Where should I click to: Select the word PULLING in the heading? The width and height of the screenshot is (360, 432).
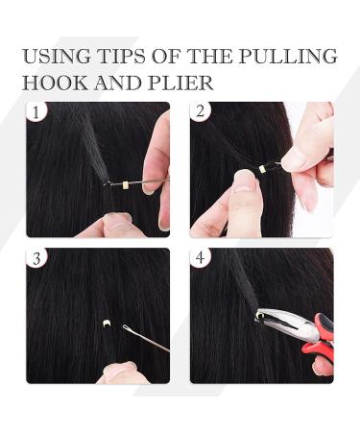[288, 57]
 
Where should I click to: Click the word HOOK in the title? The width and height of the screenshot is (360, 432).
[55, 84]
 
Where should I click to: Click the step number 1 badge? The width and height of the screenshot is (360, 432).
[36, 112]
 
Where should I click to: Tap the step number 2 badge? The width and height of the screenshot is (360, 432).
[201, 112]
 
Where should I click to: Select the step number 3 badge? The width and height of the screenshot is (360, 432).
[36, 257]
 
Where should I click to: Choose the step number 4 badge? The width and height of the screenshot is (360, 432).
[201, 257]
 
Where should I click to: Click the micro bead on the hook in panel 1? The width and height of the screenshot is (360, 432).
[126, 184]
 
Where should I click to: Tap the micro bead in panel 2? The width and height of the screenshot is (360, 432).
[262, 168]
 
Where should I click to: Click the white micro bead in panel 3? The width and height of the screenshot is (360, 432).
[106, 324]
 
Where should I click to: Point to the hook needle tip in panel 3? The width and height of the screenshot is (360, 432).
[125, 326]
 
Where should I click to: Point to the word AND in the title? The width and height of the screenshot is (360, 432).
[118, 84]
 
